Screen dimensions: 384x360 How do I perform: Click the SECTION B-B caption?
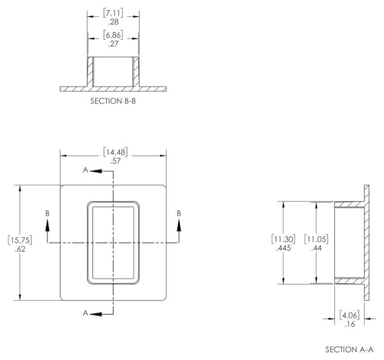click(113, 101)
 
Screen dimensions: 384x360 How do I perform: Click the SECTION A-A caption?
click(349, 349)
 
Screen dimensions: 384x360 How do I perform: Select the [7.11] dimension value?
click(113, 13)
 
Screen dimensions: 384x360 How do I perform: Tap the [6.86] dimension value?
click(113, 35)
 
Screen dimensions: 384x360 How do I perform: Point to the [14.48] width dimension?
click(115, 152)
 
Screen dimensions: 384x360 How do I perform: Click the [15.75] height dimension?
click(20, 240)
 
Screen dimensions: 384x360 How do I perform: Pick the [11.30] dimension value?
click(283, 239)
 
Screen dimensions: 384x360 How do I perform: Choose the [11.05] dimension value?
click(316, 239)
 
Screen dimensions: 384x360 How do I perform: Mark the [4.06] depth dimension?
click(349, 315)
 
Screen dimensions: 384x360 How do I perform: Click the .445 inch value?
click(283, 248)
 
